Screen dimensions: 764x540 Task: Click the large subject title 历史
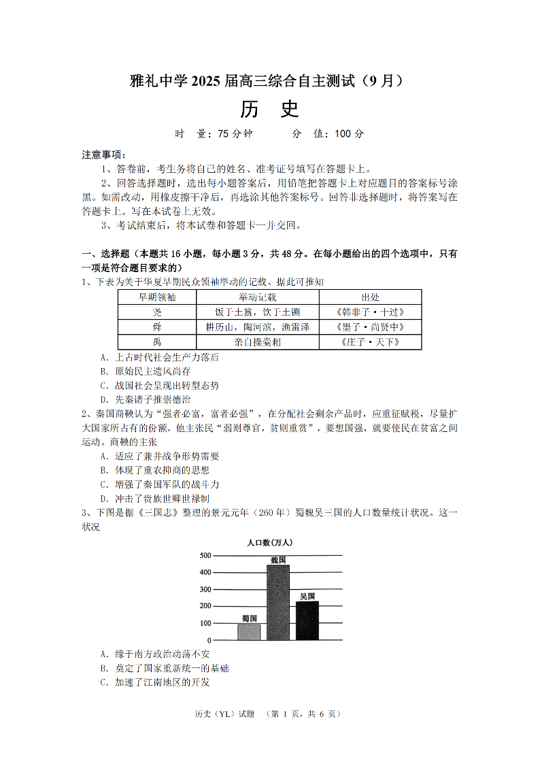(269, 109)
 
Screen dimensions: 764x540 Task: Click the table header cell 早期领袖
(157, 297)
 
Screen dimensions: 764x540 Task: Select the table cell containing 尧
(157, 312)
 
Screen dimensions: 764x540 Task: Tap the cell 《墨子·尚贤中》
(370, 327)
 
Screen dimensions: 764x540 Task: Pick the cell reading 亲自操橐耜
(257, 342)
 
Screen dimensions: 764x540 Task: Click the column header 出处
(370, 297)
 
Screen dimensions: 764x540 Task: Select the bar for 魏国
(277, 603)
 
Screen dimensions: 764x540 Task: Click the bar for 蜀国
(249, 632)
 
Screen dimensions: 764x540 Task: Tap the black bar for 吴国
(307, 620)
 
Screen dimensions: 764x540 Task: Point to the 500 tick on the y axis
(205, 556)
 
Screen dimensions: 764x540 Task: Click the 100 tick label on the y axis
(205, 623)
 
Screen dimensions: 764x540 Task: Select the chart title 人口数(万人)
(270, 542)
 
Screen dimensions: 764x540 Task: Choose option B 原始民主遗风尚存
(145, 371)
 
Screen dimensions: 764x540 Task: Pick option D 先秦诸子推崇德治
(145, 400)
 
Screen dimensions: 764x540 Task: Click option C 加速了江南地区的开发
(154, 682)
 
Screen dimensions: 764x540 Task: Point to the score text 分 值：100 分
(328, 134)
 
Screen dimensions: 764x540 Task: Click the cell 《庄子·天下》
(370, 342)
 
